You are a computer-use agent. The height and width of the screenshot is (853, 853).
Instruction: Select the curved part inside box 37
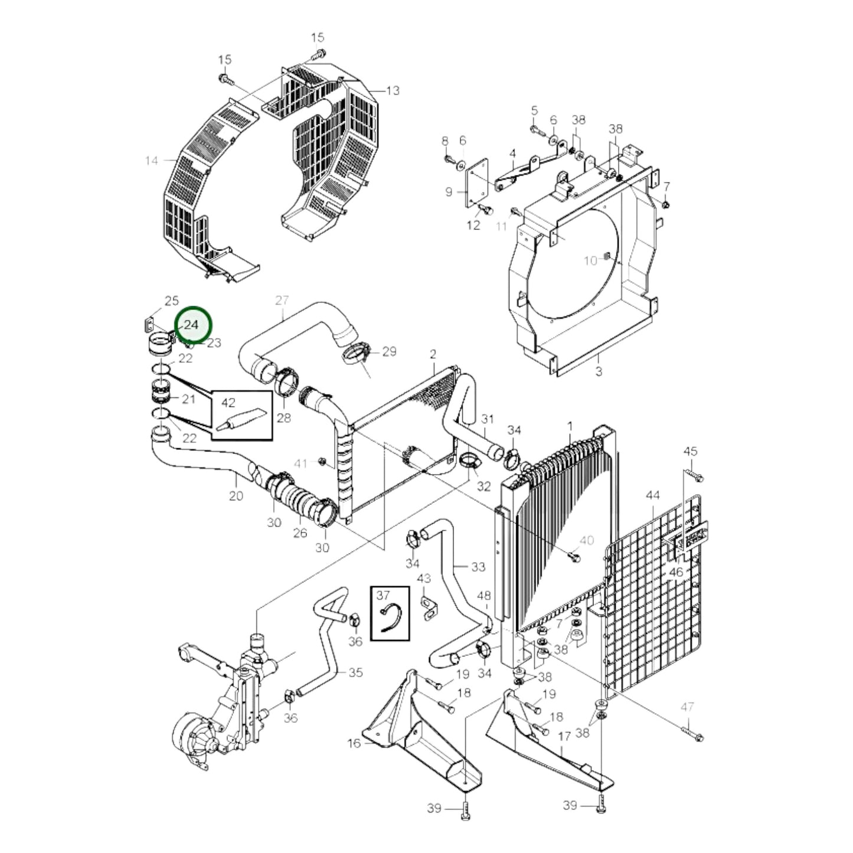tap(390, 617)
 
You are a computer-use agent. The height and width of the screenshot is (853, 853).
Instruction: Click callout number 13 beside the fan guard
tap(393, 90)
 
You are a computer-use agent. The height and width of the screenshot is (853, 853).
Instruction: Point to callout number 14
tap(152, 160)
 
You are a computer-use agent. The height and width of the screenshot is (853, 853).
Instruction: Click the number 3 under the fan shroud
tap(599, 372)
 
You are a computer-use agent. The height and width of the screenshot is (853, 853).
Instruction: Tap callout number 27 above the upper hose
tap(282, 300)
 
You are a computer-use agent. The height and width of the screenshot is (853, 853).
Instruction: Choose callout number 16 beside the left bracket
tap(354, 743)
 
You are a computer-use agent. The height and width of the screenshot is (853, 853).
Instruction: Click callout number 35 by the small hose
tap(355, 672)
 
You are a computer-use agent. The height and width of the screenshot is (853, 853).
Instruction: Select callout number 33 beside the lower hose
tap(478, 567)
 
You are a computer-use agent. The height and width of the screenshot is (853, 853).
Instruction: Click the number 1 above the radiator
tap(570, 426)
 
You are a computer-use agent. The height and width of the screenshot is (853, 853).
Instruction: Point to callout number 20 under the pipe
tap(236, 495)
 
